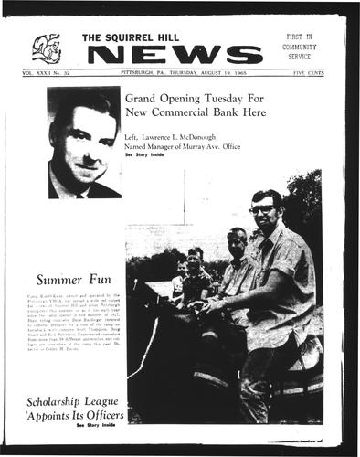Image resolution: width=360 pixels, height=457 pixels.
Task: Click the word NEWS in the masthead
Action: tap(184, 55)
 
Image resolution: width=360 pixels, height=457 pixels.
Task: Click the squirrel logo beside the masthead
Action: tap(46, 48)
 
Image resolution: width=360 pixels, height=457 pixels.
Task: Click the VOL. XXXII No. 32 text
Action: tap(51, 71)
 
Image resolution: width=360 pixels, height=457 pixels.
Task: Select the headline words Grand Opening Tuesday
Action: tap(190, 97)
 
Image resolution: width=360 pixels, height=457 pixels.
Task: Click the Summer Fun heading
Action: tap(74, 280)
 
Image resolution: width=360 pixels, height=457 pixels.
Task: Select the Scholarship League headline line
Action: tap(79, 380)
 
